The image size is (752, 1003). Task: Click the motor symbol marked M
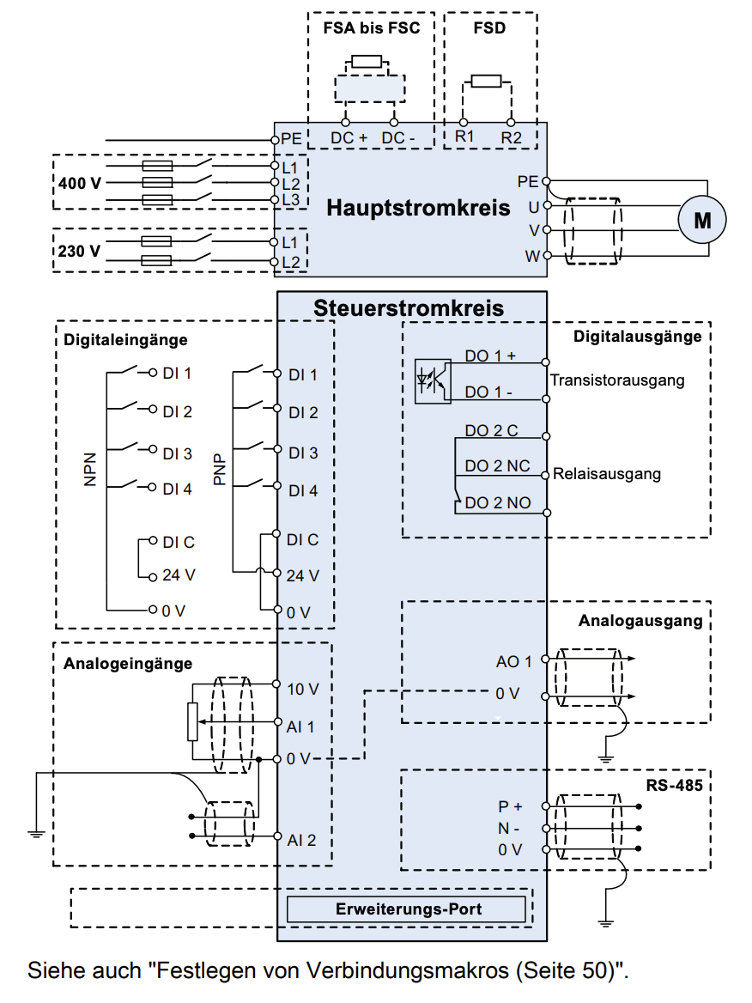point(702,220)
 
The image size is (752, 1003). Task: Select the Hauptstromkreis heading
point(418,208)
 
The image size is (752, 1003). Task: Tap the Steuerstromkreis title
point(409,307)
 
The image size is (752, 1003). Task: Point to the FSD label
point(489,27)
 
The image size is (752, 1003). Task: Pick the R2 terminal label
point(512,137)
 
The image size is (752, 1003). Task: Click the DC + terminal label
point(349,137)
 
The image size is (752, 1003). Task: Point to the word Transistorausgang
point(617,380)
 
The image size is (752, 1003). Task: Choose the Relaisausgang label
point(607,473)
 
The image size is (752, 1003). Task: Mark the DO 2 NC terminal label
point(498,466)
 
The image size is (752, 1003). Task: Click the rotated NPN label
point(90,470)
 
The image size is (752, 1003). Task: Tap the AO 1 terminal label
point(514,661)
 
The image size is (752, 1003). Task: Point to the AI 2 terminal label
point(301,840)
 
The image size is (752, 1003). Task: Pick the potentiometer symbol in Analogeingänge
point(192,721)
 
